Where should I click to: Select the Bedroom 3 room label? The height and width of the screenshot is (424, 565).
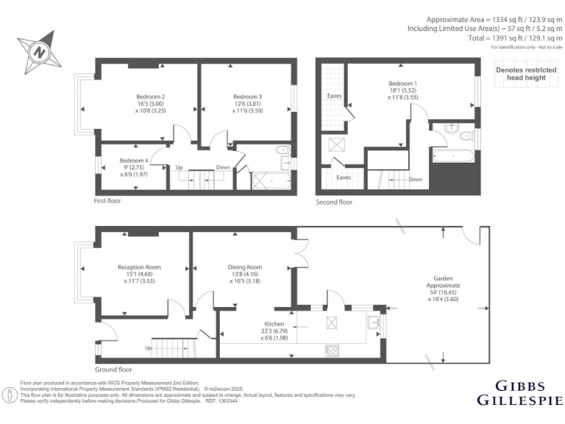[x=247, y=96]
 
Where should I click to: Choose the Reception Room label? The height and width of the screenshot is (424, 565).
[x=139, y=267]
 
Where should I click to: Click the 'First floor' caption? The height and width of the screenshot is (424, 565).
[x=108, y=200]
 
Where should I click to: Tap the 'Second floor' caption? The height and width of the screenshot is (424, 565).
[x=334, y=202]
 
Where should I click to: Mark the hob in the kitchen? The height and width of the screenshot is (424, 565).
[x=332, y=350]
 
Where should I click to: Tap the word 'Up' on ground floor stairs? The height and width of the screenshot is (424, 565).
[x=149, y=347]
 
